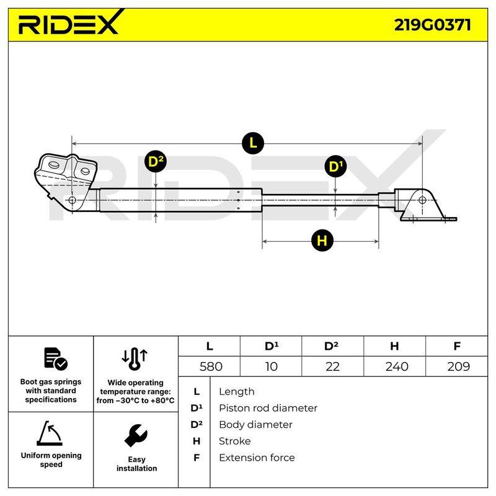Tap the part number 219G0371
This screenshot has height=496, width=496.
click(432, 25)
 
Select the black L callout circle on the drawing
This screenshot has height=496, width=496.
click(253, 143)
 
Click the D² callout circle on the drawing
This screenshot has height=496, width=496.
click(156, 162)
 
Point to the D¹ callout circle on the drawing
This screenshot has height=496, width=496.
click(335, 166)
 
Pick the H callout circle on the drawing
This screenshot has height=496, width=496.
click(322, 241)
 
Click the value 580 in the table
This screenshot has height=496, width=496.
click(211, 366)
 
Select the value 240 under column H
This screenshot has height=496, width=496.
click(397, 366)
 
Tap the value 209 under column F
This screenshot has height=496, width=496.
click(458, 366)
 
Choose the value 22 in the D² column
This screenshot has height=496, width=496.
click(332, 366)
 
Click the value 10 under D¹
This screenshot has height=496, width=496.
click(272, 366)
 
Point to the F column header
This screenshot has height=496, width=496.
click(457, 346)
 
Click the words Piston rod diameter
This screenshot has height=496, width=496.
click(268, 408)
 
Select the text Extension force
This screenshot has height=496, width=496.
click(257, 458)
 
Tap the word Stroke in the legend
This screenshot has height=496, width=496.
click(235, 441)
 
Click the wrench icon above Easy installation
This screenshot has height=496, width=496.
click(136, 435)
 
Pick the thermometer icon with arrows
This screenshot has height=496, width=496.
click(135, 359)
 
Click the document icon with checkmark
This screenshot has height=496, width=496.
click(56, 359)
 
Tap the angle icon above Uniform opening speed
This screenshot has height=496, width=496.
click(50, 433)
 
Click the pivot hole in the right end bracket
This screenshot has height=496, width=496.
click(422, 200)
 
